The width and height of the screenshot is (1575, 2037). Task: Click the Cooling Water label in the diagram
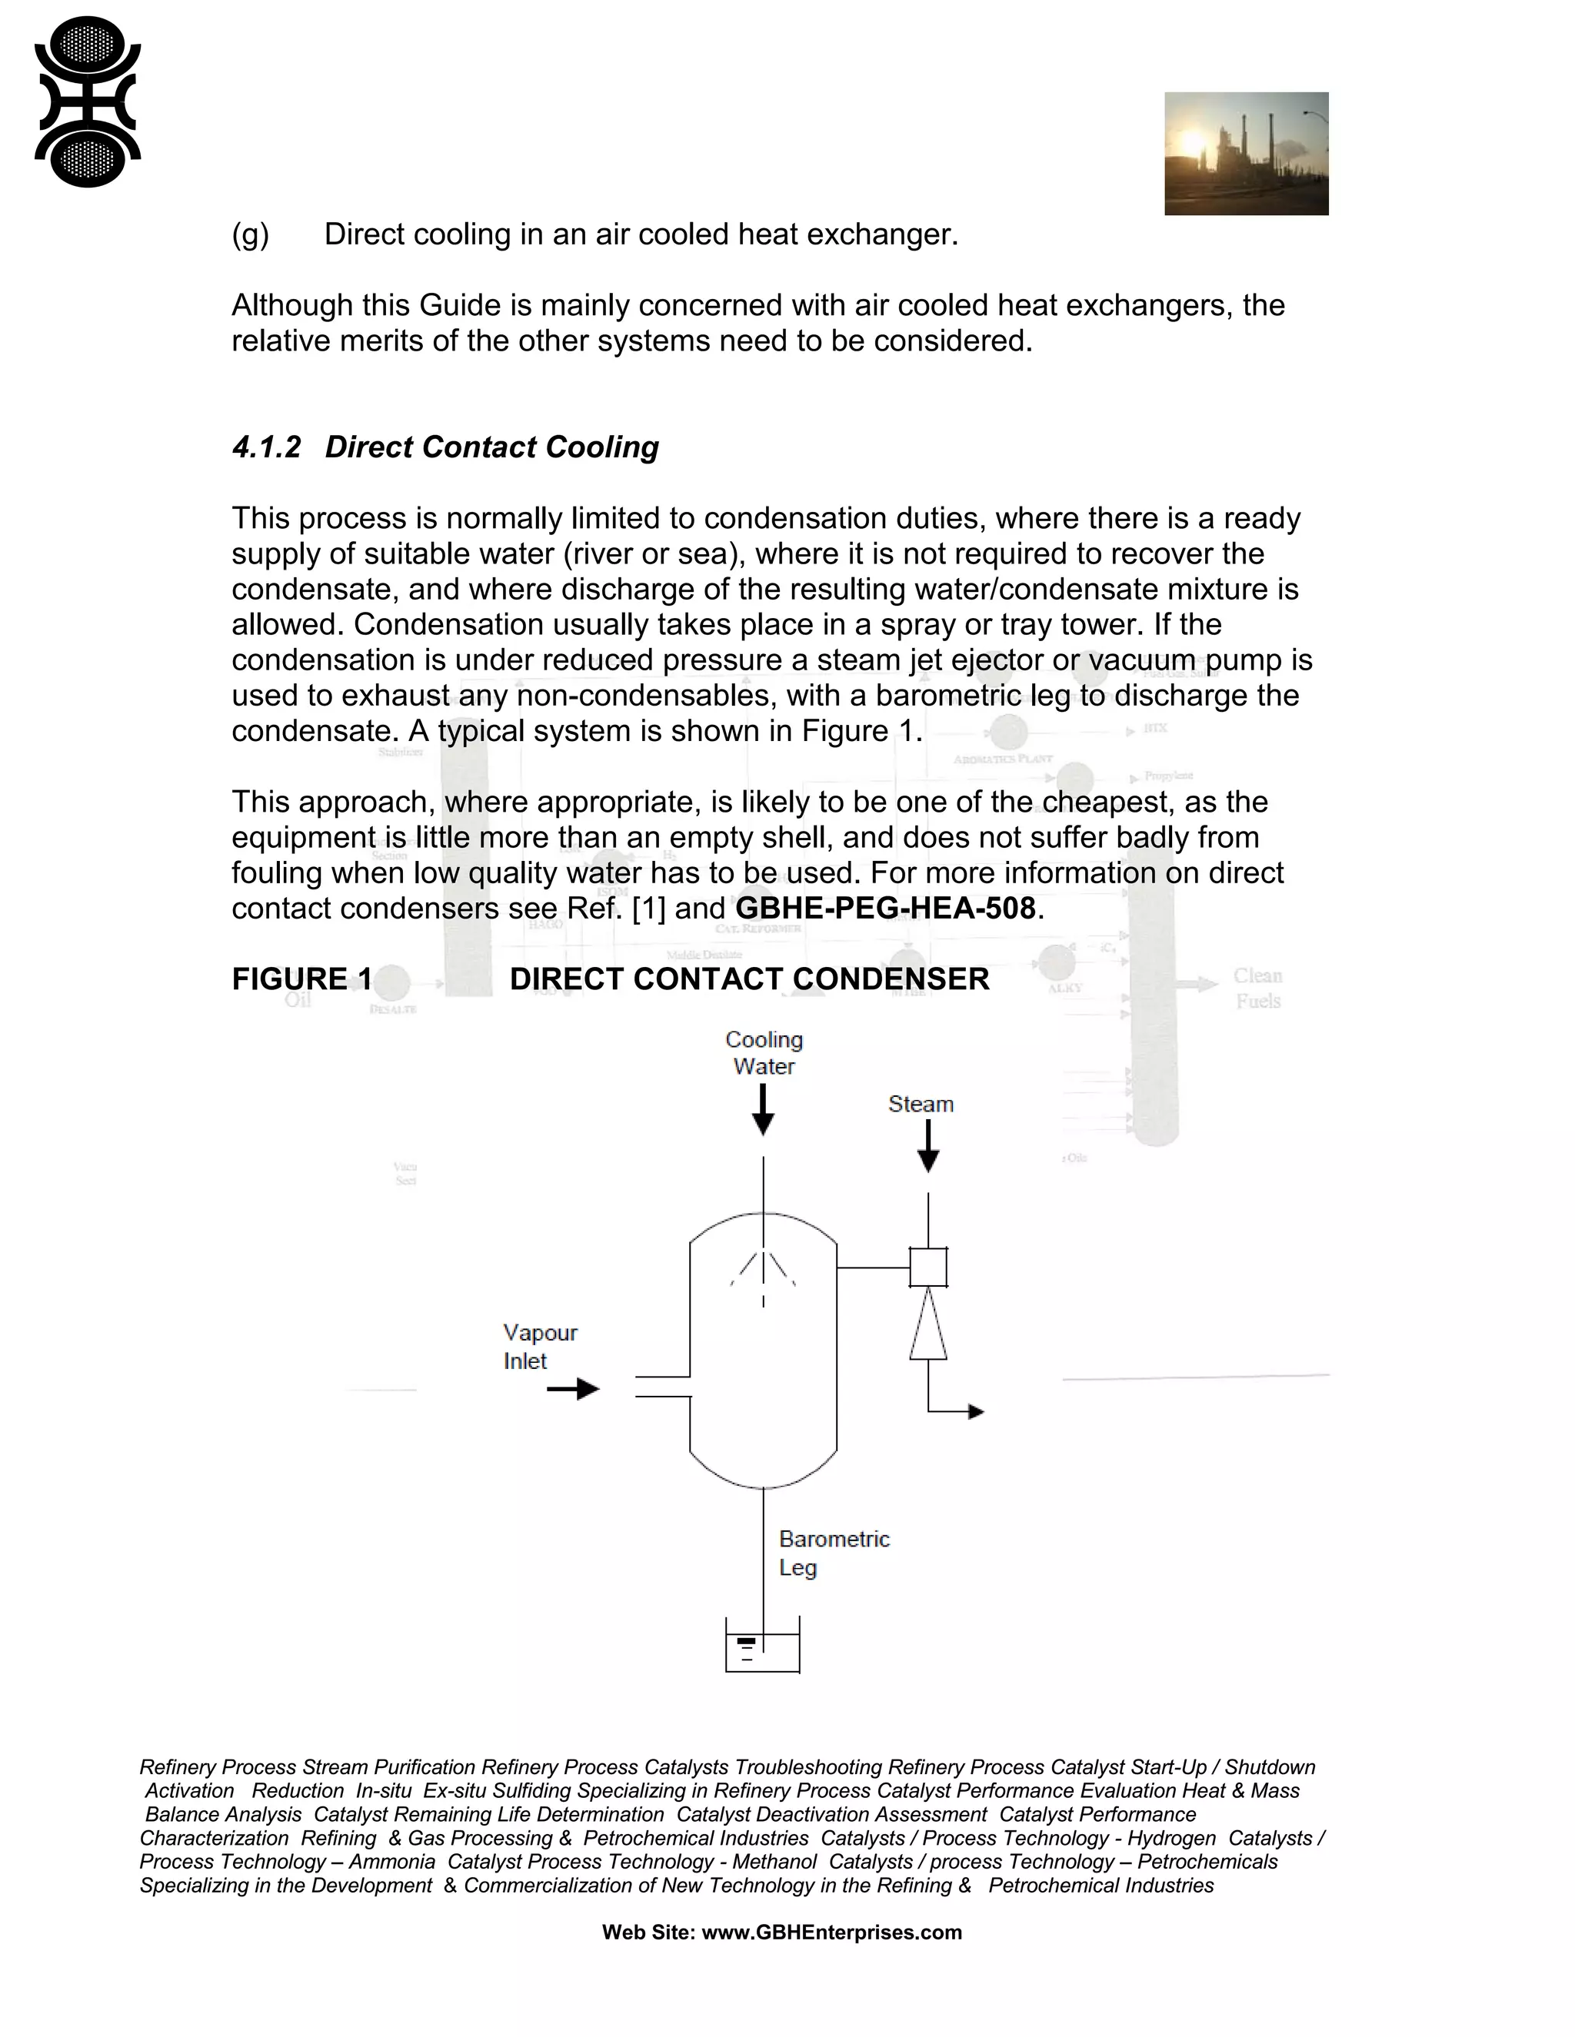[763, 1052]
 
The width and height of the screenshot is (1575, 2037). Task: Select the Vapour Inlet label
[539, 1346]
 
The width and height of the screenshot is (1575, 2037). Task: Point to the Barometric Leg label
[833, 1553]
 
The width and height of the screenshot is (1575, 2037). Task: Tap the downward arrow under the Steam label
[927, 1147]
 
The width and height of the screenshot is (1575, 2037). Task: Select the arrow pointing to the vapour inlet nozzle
[573, 1389]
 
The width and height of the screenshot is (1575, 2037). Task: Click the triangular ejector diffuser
[927, 1324]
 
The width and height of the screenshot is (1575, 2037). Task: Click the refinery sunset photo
[1246, 154]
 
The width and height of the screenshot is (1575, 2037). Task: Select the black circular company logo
[88, 101]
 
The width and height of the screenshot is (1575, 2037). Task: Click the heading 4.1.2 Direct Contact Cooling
[445, 447]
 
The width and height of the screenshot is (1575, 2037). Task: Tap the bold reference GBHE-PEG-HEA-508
[885, 908]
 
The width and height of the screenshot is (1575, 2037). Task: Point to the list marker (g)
[250, 234]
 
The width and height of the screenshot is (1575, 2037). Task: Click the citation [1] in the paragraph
[648, 908]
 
